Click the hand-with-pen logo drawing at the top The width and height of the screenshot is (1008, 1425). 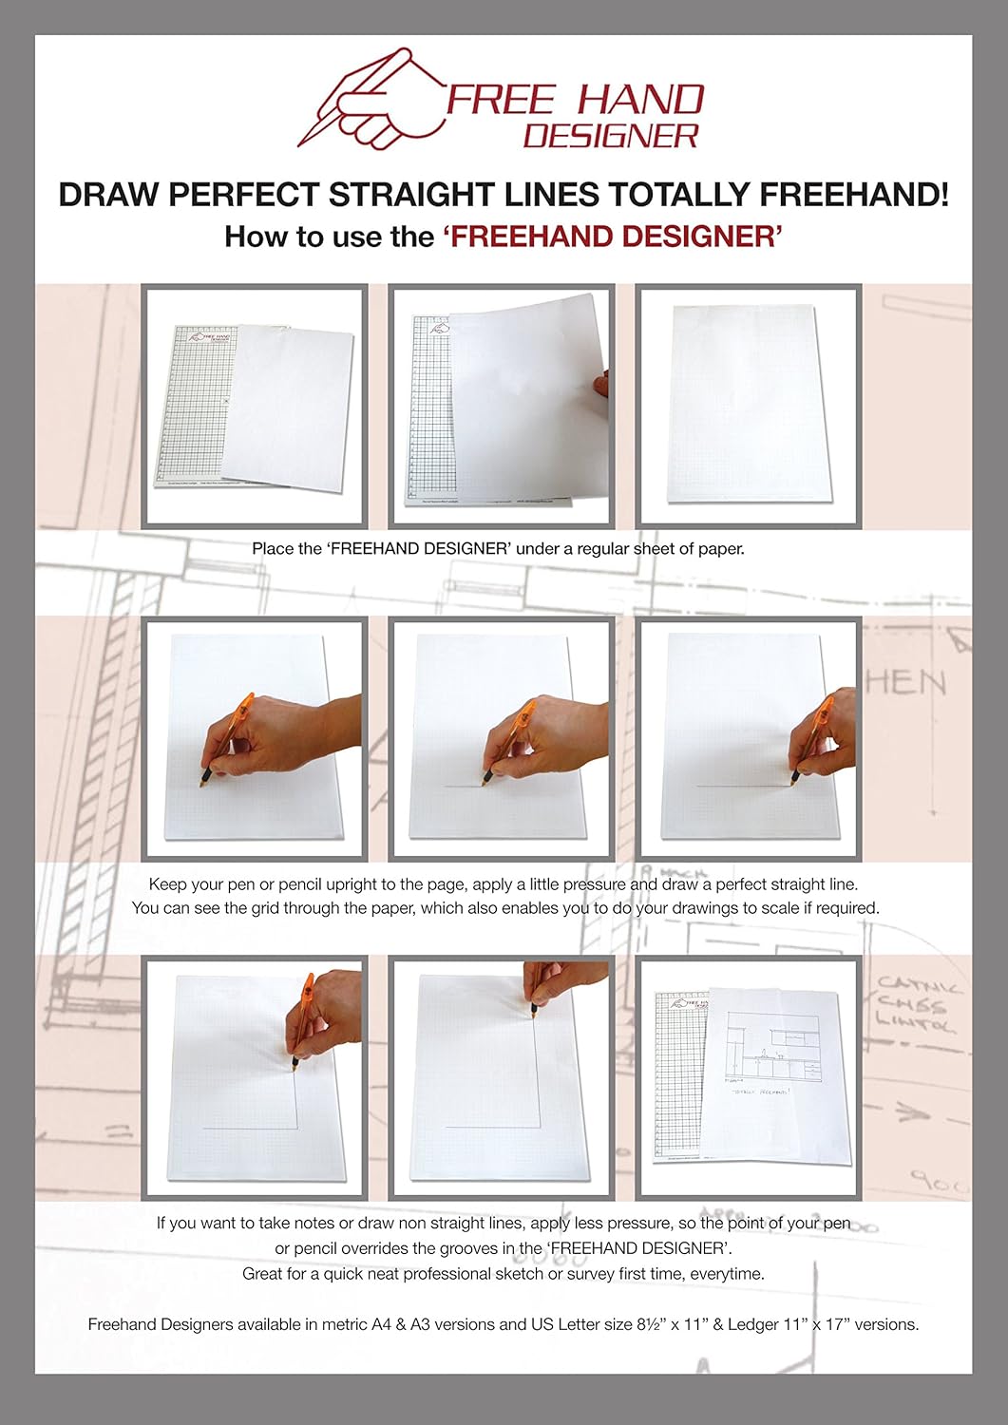click(x=371, y=100)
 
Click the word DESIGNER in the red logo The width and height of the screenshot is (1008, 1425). click(x=611, y=135)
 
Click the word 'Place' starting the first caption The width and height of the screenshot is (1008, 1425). click(x=271, y=548)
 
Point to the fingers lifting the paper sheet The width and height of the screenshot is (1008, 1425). click(x=600, y=387)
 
